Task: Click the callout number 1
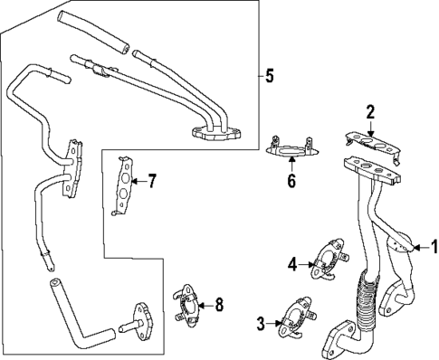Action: (x=433, y=244)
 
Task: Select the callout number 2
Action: (x=369, y=112)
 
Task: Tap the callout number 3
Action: (x=260, y=323)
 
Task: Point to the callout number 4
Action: (x=292, y=263)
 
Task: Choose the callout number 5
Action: (x=269, y=75)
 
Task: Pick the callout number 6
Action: (x=291, y=181)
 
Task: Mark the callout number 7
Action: (x=152, y=181)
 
